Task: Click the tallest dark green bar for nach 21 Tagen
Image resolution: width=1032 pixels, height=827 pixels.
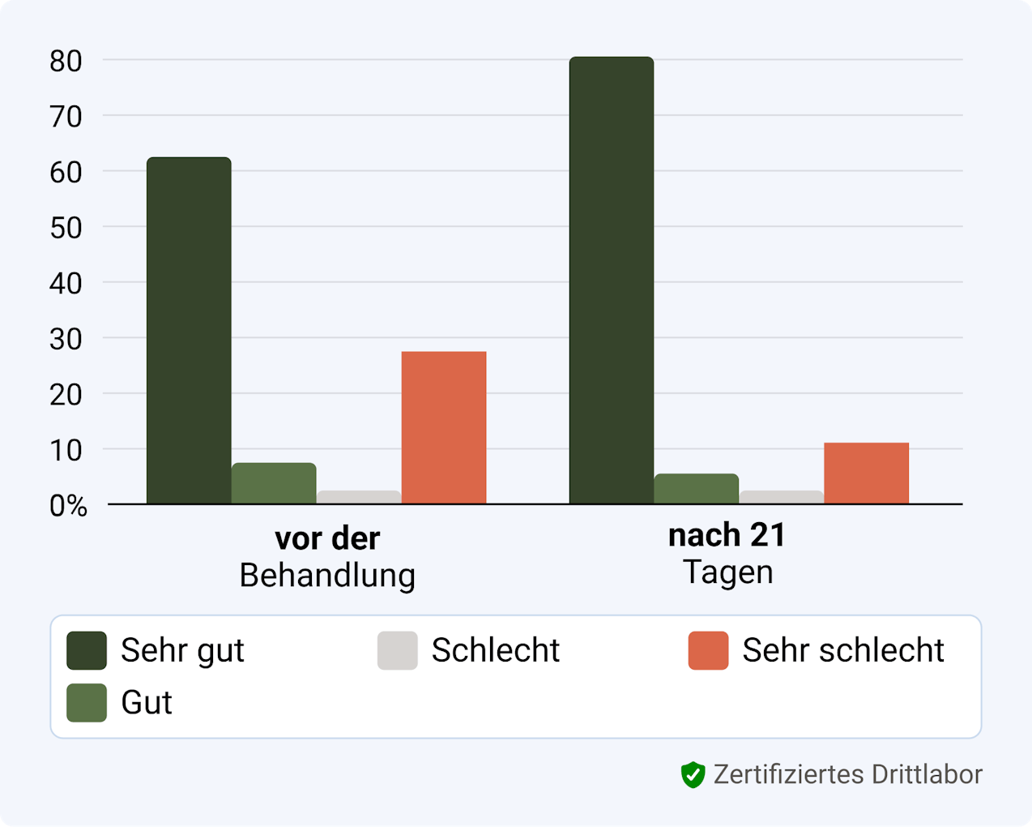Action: [612, 280]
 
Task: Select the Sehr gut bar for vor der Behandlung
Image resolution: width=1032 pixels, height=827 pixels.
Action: [189, 330]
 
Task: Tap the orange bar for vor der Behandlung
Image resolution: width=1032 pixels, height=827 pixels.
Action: [444, 427]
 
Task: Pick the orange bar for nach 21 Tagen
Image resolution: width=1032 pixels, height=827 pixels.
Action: [866, 473]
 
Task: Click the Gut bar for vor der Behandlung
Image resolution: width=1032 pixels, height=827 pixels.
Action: [274, 483]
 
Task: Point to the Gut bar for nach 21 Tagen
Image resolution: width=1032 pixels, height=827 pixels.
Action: [696, 488]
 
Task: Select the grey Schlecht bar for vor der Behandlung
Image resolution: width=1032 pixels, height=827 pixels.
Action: [359, 497]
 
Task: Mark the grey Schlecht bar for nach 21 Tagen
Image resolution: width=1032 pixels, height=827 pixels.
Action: [781, 497]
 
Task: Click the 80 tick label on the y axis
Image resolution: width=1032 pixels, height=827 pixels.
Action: [66, 61]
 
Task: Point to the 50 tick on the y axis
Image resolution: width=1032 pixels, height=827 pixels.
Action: [66, 228]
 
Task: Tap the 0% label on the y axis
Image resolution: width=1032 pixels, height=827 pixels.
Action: [68, 506]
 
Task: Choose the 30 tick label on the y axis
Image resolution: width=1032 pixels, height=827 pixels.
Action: [66, 339]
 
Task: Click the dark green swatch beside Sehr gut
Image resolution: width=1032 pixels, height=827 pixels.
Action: [87, 650]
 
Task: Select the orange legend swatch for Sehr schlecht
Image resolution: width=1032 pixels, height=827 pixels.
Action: [708, 650]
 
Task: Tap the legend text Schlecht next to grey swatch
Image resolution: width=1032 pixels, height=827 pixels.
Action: [495, 650]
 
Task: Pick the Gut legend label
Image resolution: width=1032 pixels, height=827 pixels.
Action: [147, 703]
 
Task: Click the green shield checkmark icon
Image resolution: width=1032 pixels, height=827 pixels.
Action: [693, 775]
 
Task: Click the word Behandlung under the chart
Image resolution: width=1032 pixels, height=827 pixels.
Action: [327, 576]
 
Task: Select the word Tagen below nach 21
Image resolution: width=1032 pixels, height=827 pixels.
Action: [727, 572]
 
